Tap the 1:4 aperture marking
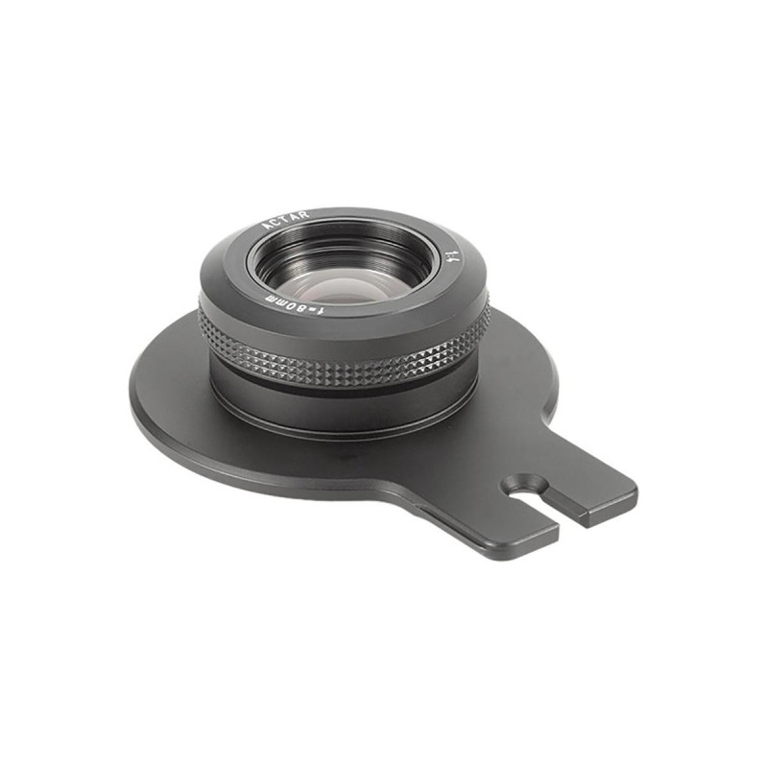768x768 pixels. coord(451,256)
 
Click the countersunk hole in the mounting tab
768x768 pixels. coord(523,479)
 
